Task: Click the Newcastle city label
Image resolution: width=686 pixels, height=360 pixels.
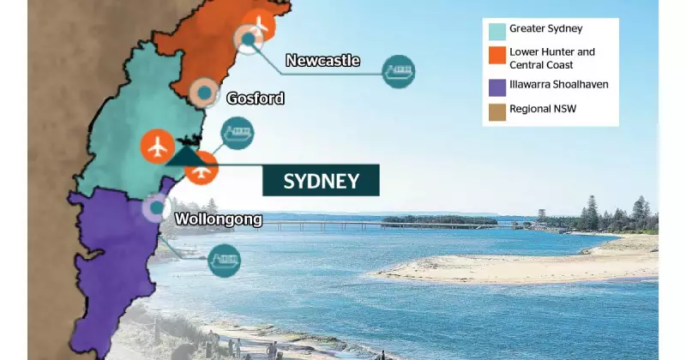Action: coord(322,60)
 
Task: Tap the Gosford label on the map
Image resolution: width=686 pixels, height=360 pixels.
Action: coord(255,99)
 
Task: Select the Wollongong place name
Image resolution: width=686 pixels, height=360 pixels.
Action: coord(218,219)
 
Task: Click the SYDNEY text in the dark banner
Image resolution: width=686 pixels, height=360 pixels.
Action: coord(321,181)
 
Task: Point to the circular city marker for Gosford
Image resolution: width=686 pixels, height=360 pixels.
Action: coord(204,93)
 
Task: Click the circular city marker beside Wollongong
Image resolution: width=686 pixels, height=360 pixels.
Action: coord(155,207)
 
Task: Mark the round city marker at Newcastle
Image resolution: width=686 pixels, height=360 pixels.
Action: coord(249,39)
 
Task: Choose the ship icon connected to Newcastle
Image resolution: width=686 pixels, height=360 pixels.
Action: coord(398,71)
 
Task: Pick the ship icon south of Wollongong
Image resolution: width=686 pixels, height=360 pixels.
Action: coord(225,259)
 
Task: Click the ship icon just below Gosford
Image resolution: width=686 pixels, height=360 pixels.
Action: coord(237,134)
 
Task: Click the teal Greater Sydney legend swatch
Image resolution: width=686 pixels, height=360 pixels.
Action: coord(496,31)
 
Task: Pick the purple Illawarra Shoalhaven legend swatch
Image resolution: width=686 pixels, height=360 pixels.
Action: coord(496,87)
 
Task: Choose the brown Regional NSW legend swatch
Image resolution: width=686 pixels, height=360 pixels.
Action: coord(496,110)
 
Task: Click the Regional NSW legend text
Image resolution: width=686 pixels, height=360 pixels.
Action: coord(545,110)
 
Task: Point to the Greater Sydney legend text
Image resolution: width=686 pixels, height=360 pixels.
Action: coord(545,30)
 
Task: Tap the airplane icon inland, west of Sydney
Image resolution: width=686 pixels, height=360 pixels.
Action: coord(156,146)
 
